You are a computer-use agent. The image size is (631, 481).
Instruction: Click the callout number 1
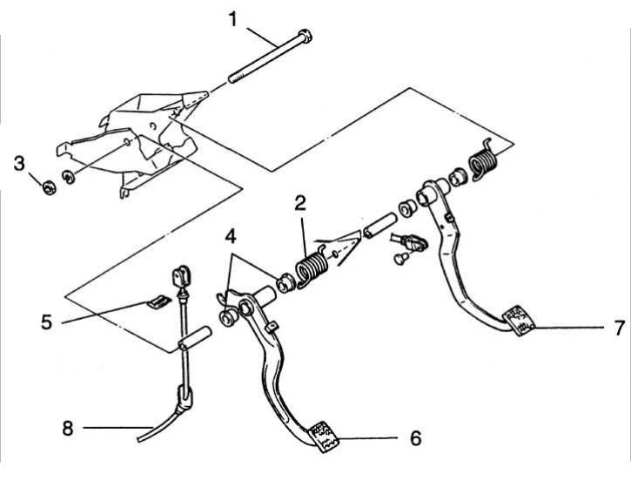(232, 17)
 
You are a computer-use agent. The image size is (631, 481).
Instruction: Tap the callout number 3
(19, 162)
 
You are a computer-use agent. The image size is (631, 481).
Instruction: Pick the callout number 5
(46, 322)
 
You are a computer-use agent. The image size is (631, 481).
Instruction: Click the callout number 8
(68, 427)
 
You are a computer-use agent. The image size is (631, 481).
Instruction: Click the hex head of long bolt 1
(304, 37)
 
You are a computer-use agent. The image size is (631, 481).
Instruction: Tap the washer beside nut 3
(69, 180)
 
